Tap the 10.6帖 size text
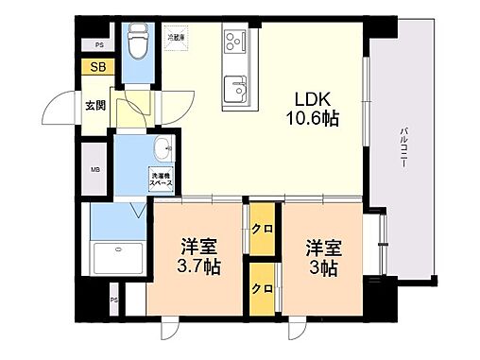tap(311, 119)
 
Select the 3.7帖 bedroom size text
tap(200, 266)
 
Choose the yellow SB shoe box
tap(97, 67)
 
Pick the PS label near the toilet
tap(99, 44)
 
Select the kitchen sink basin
tap(234, 91)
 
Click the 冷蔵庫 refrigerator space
tap(177, 39)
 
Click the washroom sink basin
tap(163, 147)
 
